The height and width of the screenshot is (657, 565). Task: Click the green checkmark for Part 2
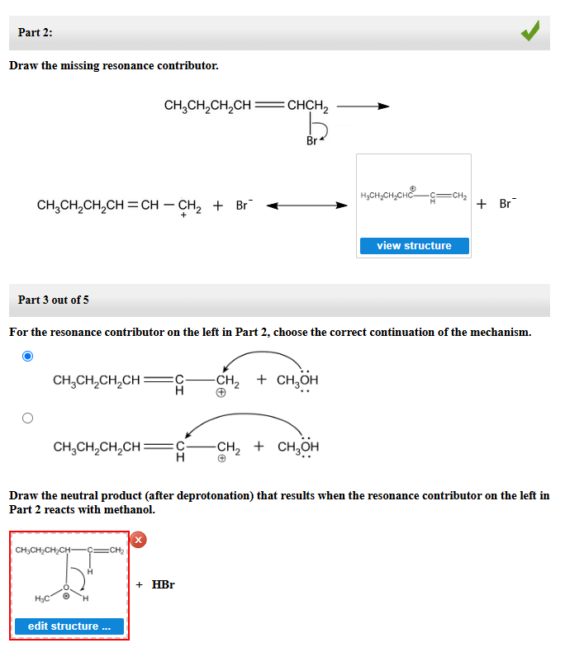coord(530,32)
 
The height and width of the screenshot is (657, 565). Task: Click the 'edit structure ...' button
coord(69,626)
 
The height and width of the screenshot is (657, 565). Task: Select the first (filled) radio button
coord(28,357)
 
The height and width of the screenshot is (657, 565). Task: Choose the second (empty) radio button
coord(28,418)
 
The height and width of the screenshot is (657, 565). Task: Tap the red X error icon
coord(139,540)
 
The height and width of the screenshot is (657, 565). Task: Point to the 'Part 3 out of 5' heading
coord(53,300)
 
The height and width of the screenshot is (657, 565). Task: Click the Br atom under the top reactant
coord(311,141)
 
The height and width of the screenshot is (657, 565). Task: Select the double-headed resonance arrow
coord(306,206)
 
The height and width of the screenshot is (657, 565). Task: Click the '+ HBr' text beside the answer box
coord(155,584)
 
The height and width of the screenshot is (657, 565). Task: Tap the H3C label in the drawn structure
coord(40,598)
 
